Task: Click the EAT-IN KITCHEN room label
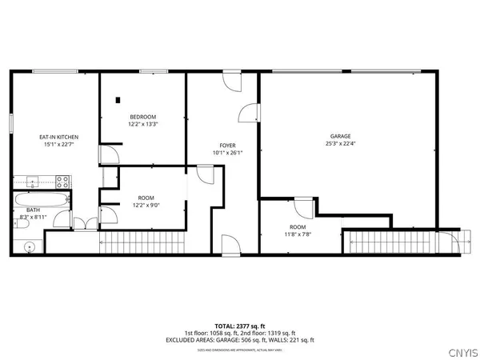(58, 138)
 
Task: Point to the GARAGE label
(341, 137)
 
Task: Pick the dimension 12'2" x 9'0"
(146, 204)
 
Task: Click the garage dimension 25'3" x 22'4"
(341, 144)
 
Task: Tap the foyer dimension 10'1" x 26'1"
(226, 153)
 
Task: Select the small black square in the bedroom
(118, 100)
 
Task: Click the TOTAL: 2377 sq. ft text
(239, 325)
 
